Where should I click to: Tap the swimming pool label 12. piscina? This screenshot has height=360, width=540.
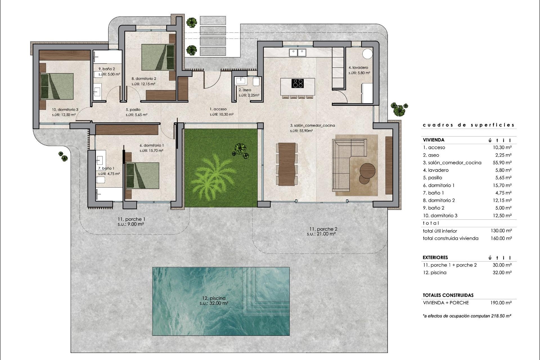pos(214,298)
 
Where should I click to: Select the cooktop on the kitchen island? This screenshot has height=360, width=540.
pos(298,84)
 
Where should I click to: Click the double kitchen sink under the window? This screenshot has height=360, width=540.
pos(298,52)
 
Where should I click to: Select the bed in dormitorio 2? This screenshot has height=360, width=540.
pos(157,57)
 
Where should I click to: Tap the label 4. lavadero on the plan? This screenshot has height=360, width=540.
pos(358,67)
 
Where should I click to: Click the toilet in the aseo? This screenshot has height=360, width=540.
pos(256,82)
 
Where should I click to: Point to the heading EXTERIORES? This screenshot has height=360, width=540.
pos(435,257)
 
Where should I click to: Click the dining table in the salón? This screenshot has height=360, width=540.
pos(287,164)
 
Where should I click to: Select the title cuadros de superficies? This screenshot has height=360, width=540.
pos(469,125)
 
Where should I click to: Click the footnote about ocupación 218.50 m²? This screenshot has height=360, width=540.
pos(467,316)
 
